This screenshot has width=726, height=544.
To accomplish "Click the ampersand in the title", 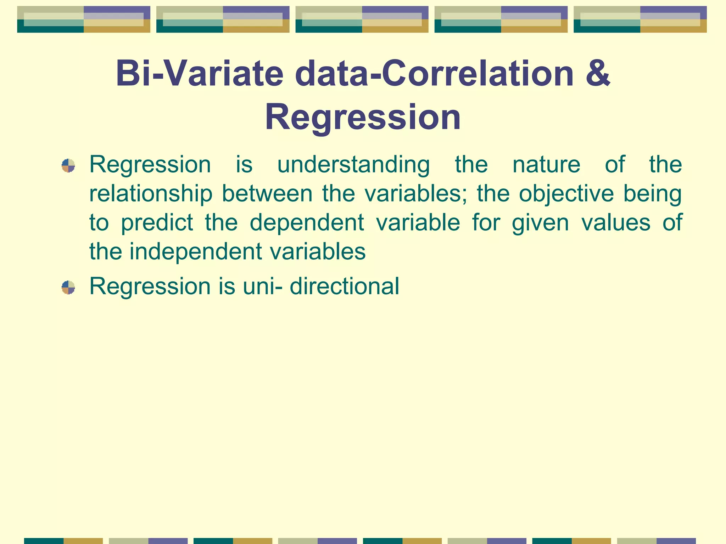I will coord(598,74).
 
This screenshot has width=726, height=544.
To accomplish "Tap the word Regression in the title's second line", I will coord(363,117).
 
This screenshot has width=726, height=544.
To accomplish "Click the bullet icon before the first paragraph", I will coord(68,165).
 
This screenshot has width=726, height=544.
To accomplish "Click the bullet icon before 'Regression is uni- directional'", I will coord(68,287).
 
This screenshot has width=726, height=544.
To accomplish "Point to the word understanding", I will coord(353,165).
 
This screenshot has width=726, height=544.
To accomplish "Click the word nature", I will coord(546,165).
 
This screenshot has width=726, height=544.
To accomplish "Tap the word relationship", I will coord(150,194).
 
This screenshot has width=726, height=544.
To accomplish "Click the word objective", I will coord(566,194).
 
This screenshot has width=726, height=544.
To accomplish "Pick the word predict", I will coord(157,223).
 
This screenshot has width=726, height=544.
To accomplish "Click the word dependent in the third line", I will coord(307,223).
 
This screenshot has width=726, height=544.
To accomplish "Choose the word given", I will coord(540,223).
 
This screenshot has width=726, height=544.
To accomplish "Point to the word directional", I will coord(344,286).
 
